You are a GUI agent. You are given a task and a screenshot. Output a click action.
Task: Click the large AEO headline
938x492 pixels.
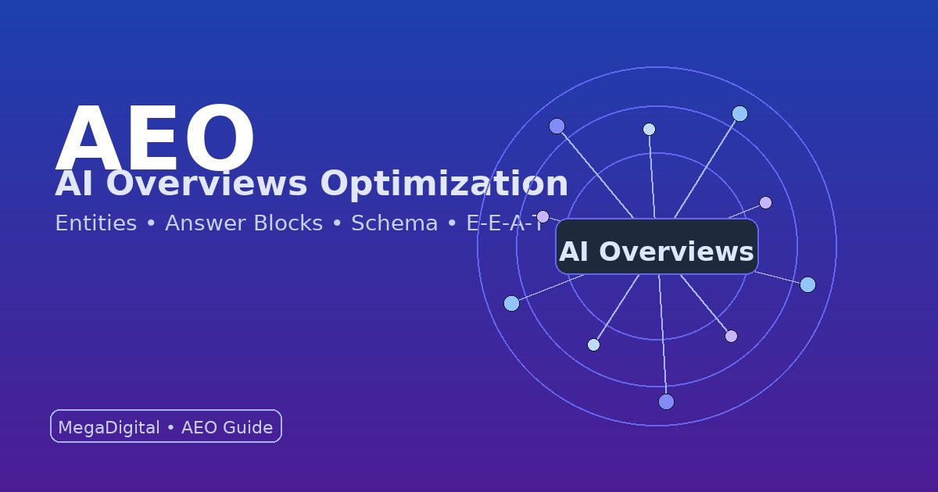click(x=155, y=139)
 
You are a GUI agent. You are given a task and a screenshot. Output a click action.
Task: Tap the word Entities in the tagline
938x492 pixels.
click(x=95, y=223)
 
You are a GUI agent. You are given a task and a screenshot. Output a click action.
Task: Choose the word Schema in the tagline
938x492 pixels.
click(x=394, y=223)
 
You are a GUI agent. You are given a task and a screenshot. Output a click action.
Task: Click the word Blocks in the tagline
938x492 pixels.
click(x=285, y=223)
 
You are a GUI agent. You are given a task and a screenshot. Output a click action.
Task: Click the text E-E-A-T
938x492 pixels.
click(x=504, y=223)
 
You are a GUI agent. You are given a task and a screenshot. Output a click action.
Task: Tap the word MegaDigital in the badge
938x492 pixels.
click(x=109, y=428)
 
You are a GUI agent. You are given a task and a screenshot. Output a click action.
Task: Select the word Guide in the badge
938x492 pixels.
click(x=248, y=428)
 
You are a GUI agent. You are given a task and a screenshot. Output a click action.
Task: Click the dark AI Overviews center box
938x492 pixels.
click(x=657, y=247)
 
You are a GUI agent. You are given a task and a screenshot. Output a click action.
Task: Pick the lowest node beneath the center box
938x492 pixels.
click(x=666, y=401)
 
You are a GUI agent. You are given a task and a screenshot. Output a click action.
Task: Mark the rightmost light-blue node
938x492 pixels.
click(x=807, y=284)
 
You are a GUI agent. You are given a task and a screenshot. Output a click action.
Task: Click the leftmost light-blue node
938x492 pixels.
click(x=511, y=303)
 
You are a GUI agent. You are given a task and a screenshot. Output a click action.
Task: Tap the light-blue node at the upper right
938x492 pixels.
click(x=739, y=114)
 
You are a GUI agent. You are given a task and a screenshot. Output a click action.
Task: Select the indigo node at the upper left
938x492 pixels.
click(x=557, y=126)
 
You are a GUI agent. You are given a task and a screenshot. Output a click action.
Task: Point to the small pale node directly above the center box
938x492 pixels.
click(x=649, y=129)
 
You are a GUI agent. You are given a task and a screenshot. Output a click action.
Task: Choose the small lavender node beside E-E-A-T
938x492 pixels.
click(x=542, y=216)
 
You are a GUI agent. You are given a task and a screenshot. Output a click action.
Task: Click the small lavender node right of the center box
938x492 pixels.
click(x=765, y=202)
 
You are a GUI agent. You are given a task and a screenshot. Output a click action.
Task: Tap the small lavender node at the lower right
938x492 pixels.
click(x=731, y=336)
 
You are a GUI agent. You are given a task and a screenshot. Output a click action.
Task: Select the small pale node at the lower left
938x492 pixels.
click(x=593, y=344)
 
